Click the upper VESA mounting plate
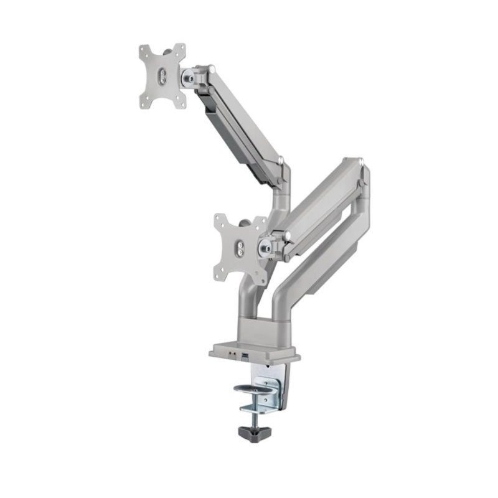click(x=162, y=76)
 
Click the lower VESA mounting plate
click(x=240, y=247)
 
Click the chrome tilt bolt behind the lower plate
click(x=266, y=248)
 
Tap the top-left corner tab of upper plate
click(x=143, y=50)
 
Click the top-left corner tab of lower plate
click(x=220, y=219)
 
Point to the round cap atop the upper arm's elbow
click(x=281, y=161)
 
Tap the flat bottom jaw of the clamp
click(x=255, y=408)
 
